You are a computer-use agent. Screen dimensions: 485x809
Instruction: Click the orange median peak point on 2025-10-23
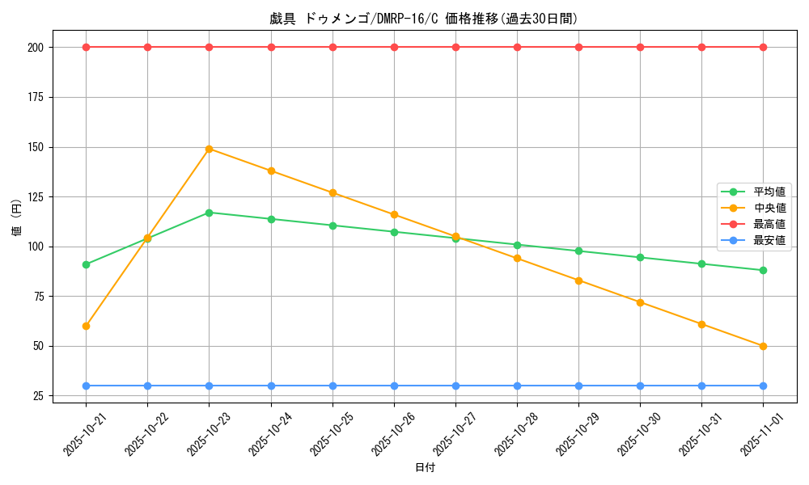209,149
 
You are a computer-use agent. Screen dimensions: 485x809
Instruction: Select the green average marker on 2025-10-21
86,264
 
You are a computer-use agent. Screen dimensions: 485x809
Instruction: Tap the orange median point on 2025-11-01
763,346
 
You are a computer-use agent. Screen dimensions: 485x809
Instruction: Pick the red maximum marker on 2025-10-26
394,47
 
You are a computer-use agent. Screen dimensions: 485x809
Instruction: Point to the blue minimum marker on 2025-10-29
578,386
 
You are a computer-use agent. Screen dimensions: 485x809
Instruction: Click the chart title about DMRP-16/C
424,19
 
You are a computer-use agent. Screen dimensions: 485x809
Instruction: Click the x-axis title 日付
424,468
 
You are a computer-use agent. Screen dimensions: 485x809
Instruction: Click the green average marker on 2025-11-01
763,270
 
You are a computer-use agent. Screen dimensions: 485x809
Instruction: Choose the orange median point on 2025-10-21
86,326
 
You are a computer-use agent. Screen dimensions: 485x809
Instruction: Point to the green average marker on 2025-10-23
209,213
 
